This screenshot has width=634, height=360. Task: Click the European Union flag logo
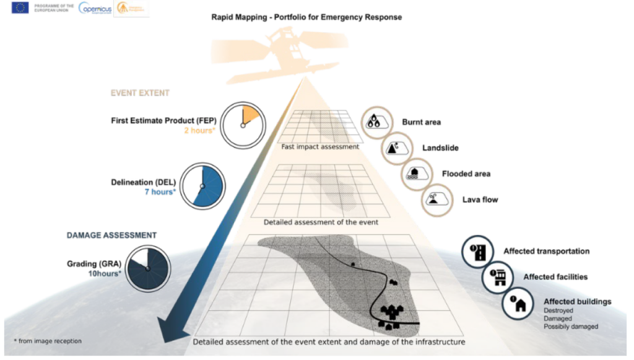point(20,8)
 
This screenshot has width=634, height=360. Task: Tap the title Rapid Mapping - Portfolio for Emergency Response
point(306,17)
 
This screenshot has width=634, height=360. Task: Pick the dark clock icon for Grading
point(147,268)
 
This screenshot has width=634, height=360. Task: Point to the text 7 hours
point(159,192)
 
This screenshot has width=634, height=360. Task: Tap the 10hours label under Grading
point(105,273)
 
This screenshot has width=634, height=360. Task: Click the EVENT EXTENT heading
point(140,93)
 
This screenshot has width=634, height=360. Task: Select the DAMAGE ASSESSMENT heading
point(111,235)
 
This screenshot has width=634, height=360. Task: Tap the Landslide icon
point(394,148)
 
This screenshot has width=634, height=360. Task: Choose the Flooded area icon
point(414,173)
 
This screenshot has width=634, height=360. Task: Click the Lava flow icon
point(434,200)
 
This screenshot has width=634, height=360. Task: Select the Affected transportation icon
point(478,252)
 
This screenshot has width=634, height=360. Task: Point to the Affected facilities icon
point(498,277)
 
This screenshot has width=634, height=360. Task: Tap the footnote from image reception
point(47,341)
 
